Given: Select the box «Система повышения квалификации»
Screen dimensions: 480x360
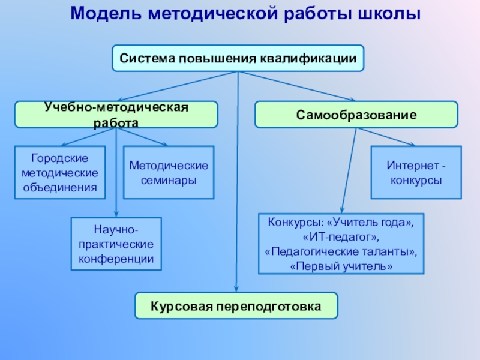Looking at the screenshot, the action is coord(238,59).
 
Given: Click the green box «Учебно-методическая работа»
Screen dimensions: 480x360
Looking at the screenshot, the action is coord(116,114).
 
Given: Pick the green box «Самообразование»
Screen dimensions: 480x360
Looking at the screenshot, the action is coord(356,114).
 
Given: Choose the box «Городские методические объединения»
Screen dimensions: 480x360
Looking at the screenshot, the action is coord(60,173).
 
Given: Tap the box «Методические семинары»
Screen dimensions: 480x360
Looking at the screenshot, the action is coord(169,173).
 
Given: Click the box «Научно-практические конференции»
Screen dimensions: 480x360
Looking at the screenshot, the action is coord(116,243).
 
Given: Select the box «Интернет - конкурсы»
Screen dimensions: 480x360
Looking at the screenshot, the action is coord(416,173).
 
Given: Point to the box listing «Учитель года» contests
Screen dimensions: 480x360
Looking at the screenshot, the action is coord(341,244).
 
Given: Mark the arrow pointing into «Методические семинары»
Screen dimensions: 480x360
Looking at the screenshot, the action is coord(143,137).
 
